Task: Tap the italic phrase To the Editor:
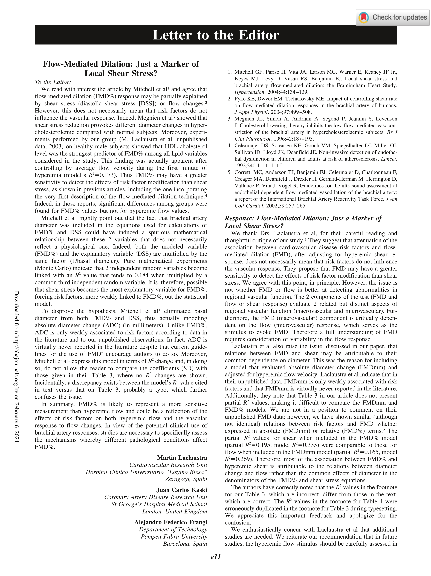point(53,82)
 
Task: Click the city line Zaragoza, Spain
point(186,479)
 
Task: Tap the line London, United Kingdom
point(174,511)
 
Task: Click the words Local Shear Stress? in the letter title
point(121,73)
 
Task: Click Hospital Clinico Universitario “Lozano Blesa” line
point(146,472)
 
